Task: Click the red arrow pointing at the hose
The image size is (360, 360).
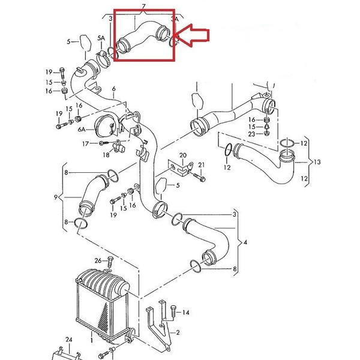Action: click(x=192, y=35)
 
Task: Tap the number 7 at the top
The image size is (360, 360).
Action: click(x=144, y=6)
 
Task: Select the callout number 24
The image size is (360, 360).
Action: click(x=69, y=340)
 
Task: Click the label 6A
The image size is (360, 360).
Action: click(x=82, y=130)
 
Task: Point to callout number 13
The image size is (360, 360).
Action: click(x=317, y=162)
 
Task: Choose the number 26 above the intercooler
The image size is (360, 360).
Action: click(x=98, y=260)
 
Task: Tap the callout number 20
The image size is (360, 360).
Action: click(x=183, y=155)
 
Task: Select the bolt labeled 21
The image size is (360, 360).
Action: click(x=199, y=177)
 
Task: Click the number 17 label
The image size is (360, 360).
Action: click(x=85, y=144)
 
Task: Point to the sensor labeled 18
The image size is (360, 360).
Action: click(x=119, y=147)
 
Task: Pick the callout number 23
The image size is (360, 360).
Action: click(x=252, y=134)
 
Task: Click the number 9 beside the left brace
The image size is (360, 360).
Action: click(x=56, y=197)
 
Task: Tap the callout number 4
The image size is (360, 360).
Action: click(x=245, y=242)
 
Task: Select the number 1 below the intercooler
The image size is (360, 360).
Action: click(x=92, y=340)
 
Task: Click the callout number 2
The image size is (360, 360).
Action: click(x=178, y=332)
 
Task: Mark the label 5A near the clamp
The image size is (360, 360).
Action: click(x=101, y=38)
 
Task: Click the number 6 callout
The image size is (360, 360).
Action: click(x=113, y=89)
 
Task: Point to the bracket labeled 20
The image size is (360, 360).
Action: click(x=181, y=168)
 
